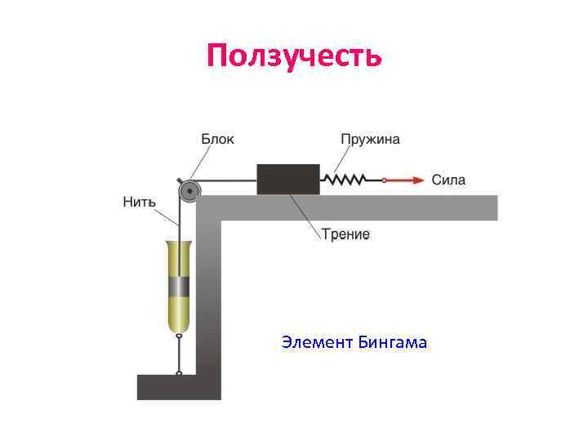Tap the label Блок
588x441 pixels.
point(218,139)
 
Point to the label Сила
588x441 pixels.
point(448,180)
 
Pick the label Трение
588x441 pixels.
point(345,234)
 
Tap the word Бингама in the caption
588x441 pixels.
point(392,342)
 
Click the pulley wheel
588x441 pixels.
point(189,192)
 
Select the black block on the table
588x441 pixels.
point(288,179)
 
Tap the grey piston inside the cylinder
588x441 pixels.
point(178,287)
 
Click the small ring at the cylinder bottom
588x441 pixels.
point(178,335)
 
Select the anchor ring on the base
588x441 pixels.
point(178,373)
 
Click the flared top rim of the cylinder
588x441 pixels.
point(178,243)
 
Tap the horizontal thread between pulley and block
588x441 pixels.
point(229,180)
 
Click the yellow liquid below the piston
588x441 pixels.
point(178,314)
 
